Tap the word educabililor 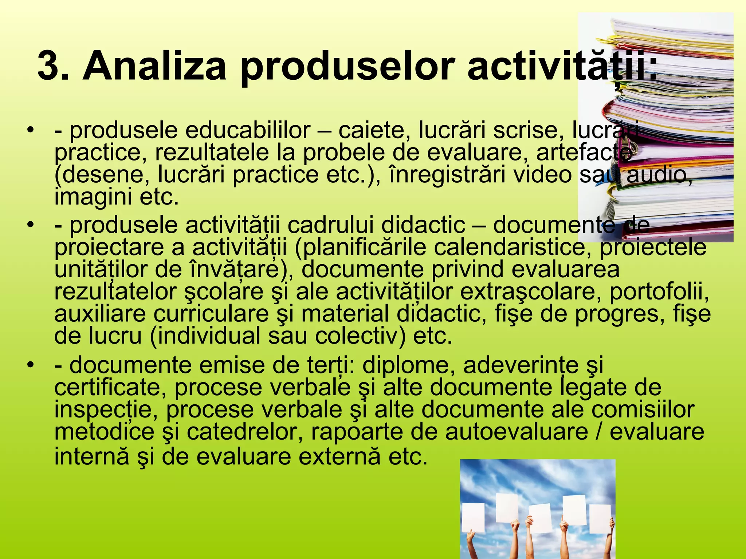[248, 130]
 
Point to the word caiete [372, 130]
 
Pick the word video [543, 175]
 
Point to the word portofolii [659, 292]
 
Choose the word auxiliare [100, 314]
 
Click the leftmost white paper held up [474, 517]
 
